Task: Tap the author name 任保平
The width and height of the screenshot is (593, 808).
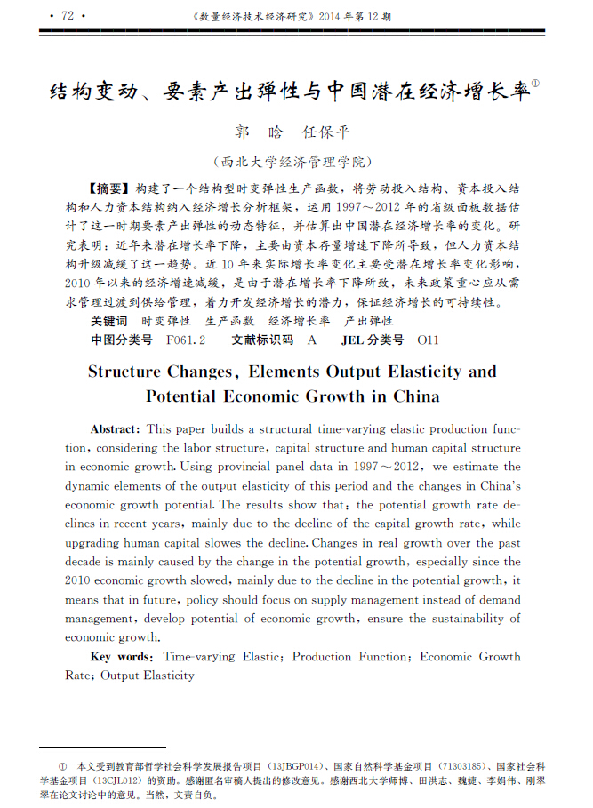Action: (326, 132)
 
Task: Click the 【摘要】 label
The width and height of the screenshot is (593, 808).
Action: (110, 189)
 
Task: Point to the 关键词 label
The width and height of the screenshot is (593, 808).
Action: (108, 321)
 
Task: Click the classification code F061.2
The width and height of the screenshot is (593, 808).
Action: (186, 340)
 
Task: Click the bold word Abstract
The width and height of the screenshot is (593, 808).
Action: (115, 428)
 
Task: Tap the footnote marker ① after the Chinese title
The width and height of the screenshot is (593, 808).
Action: (536, 86)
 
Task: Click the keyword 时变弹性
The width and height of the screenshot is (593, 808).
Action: (166, 321)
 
